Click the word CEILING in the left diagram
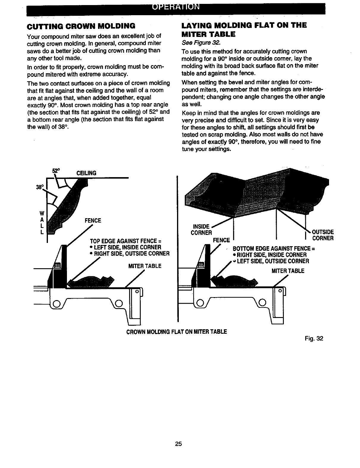click(x=86, y=173)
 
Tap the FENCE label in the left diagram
click(x=93, y=221)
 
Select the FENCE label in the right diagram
click(x=221, y=240)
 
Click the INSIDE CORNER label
click(x=201, y=230)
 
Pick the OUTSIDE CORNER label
click(x=323, y=235)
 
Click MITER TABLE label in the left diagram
click(x=145, y=266)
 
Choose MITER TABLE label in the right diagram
click(x=288, y=271)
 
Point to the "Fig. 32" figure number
click(x=314, y=338)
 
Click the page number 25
click(x=178, y=444)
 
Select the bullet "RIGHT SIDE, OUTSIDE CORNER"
click(x=131, y=254)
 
